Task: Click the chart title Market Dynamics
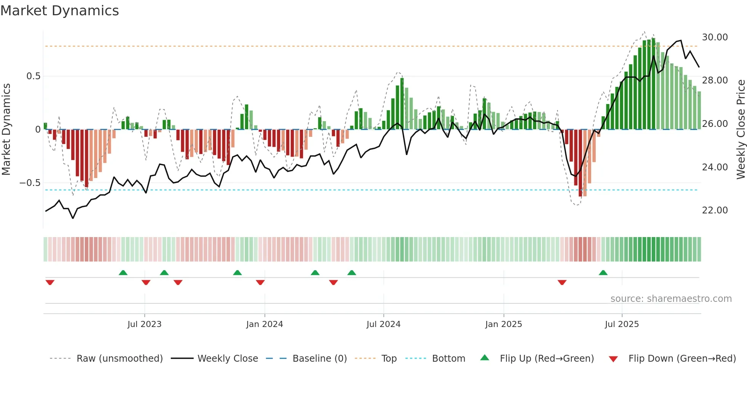[x=60, y=11]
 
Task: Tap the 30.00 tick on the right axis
[x=715, y=37]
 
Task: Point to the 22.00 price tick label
[x=715, y=210]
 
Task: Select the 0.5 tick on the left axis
[x=33, y=76]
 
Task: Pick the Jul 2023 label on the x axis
[x=144, y=324]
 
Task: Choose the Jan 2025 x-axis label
[x=503, y=324]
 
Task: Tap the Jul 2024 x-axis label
[x=383, y=324]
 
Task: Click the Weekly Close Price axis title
[x=741, y=130]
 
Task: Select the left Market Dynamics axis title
[x=6, y=130]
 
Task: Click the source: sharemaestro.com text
[x=671, y=299]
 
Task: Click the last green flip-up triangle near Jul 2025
[x=603, y=273]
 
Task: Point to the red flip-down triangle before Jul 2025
[x=562, y=282]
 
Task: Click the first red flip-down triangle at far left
[x=50, y=282]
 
